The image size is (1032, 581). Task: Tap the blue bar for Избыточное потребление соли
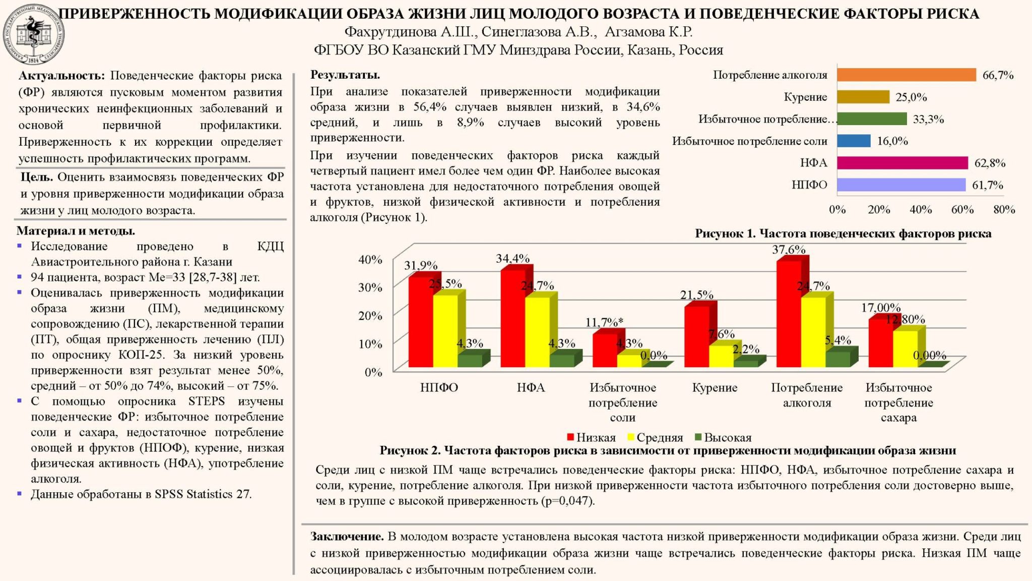pos(854,141)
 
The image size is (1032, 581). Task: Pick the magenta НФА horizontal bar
pos(902,163)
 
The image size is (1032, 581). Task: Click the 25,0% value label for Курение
pos(911,97)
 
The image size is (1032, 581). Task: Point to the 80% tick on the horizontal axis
pos(1004,210)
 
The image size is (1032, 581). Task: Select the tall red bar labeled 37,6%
pos(789,313)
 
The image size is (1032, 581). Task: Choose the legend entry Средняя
pos(659,438)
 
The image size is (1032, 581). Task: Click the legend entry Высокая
pos(727,438)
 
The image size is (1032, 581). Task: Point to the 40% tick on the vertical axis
pos(370,260)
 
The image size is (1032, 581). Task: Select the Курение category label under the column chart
pos(715,388)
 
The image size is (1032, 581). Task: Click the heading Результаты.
pos(345,75)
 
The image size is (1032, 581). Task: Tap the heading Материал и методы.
pos(76,231)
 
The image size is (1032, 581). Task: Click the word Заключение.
pos(347,537)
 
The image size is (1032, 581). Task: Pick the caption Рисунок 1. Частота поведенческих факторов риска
pos(843,234)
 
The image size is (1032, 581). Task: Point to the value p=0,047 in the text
pos(566,501)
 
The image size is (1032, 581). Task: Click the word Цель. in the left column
pos(37,177)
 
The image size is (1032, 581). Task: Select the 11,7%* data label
pos(604,322)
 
